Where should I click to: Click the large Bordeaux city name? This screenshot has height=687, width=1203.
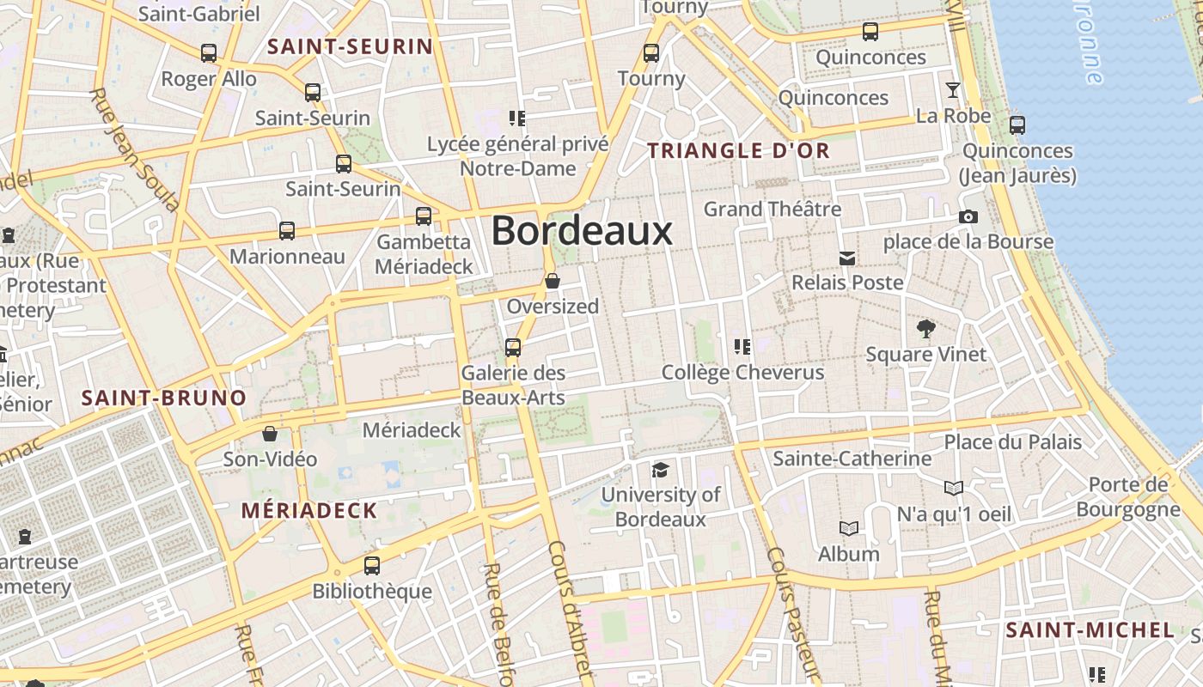tap(582, 231)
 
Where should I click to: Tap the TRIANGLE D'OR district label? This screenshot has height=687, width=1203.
tap(738, 151)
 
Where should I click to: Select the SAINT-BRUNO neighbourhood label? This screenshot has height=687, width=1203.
tap(164, 398)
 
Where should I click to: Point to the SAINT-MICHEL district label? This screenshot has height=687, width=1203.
tap(1090, 630)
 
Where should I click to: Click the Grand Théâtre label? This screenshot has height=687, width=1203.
tap(772, 209)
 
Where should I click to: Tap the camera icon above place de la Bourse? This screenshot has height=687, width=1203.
tap(968, 217)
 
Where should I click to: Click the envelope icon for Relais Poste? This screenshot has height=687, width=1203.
tap(847, 258)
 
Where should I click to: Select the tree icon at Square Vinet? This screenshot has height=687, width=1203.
tap(925, 328)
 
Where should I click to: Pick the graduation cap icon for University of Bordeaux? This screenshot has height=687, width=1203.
tap(660, 470)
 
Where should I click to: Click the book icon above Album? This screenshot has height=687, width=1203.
tap(849, 529)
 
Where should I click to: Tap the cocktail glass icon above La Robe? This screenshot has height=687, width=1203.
tap(952, 90)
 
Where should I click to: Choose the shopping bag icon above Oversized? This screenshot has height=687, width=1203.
tap(553, 281)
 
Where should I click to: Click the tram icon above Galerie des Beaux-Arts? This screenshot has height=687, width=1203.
tap(513, 348)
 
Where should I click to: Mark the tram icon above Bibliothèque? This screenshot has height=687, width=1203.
tap(372, 566)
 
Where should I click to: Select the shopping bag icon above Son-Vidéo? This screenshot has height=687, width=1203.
tap(270, 434)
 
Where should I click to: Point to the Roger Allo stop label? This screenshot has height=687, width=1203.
tap(209, 79)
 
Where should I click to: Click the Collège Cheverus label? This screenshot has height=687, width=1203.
tap(742, 373)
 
